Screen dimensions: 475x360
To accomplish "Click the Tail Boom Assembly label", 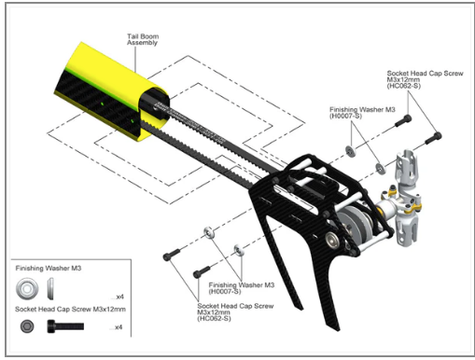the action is (143, 39).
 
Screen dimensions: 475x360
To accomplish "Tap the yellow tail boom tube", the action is (112, 90).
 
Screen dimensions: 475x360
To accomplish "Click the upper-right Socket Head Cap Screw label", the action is (425, 74).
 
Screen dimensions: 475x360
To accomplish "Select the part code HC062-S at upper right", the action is (404, 86).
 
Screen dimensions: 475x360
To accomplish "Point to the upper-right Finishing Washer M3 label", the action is (362, 110).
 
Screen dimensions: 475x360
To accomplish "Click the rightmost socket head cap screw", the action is (433, 138).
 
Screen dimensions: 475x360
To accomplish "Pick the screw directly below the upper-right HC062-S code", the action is (403, 120).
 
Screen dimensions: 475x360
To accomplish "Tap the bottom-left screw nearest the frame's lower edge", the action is (202, 271).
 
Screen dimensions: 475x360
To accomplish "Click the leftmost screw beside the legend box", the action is (172, 254).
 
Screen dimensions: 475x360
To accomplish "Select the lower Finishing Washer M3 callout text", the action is (242, 284).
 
